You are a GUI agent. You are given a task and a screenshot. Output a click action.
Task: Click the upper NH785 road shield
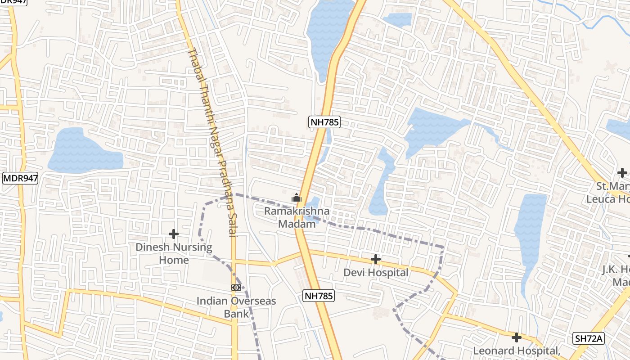pyautogui.click(x=324, y=122)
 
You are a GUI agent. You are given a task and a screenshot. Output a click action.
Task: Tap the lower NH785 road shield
pyautogui.click(x=318, y=296)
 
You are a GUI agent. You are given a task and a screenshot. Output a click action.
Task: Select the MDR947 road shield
pyautogui.click(x=20, y=178)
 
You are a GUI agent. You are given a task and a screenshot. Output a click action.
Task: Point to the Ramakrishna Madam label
pyautogui.click(x=297, y=217)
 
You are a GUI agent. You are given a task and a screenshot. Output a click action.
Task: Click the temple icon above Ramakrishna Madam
pyautogui.click(x=296, y=198)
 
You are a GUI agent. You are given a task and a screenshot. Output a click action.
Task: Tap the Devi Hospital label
pyautogui.click(x=376, y=272)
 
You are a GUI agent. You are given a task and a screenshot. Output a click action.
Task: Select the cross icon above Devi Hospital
pyautogui.click(x=376, y=259)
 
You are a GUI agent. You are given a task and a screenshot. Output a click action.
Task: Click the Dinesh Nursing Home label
pyautogui.click(x=174, y=253)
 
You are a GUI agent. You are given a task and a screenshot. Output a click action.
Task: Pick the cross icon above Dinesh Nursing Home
pyautogui.click(x=174, y=234)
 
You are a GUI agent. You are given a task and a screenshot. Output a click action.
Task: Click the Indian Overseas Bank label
pyautogui.click(x=236, y=307)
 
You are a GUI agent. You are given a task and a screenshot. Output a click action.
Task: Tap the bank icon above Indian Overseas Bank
pyautogui.click(x=236, y=287)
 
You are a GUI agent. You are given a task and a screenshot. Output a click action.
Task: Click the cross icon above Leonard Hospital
pyautogui.click(x=517, y=337)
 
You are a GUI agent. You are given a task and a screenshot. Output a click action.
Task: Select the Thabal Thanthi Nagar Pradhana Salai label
pyautogui.click(x=212, y=142)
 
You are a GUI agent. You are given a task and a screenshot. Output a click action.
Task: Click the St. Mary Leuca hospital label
pyautogui.click(x=607, y=193)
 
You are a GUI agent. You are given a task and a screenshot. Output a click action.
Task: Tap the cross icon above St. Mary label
pyautogui.click(x=622, y=173)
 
